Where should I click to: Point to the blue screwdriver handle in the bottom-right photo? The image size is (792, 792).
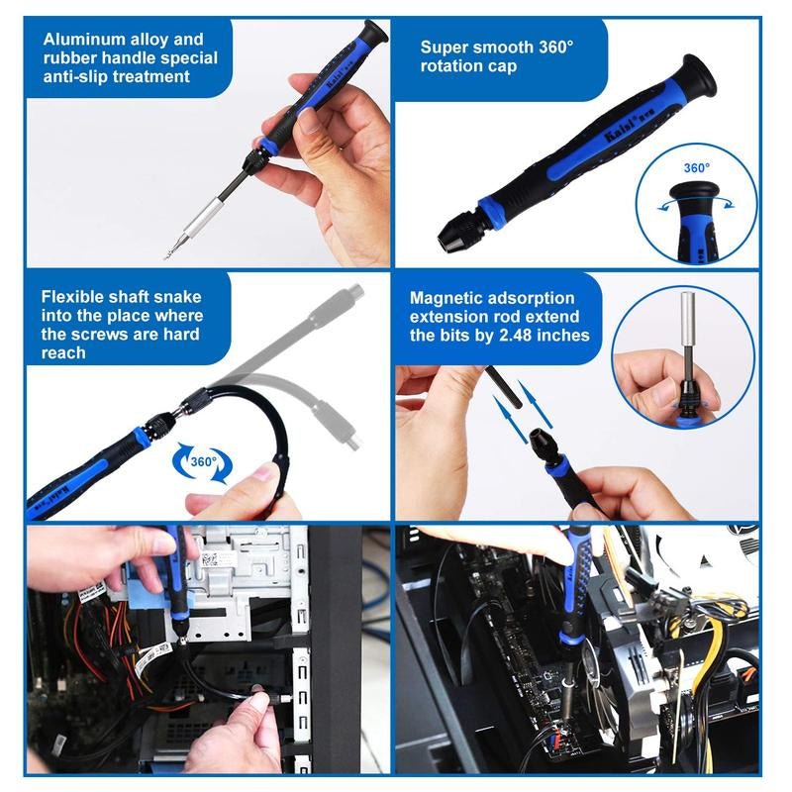click(x=574, y=584)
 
